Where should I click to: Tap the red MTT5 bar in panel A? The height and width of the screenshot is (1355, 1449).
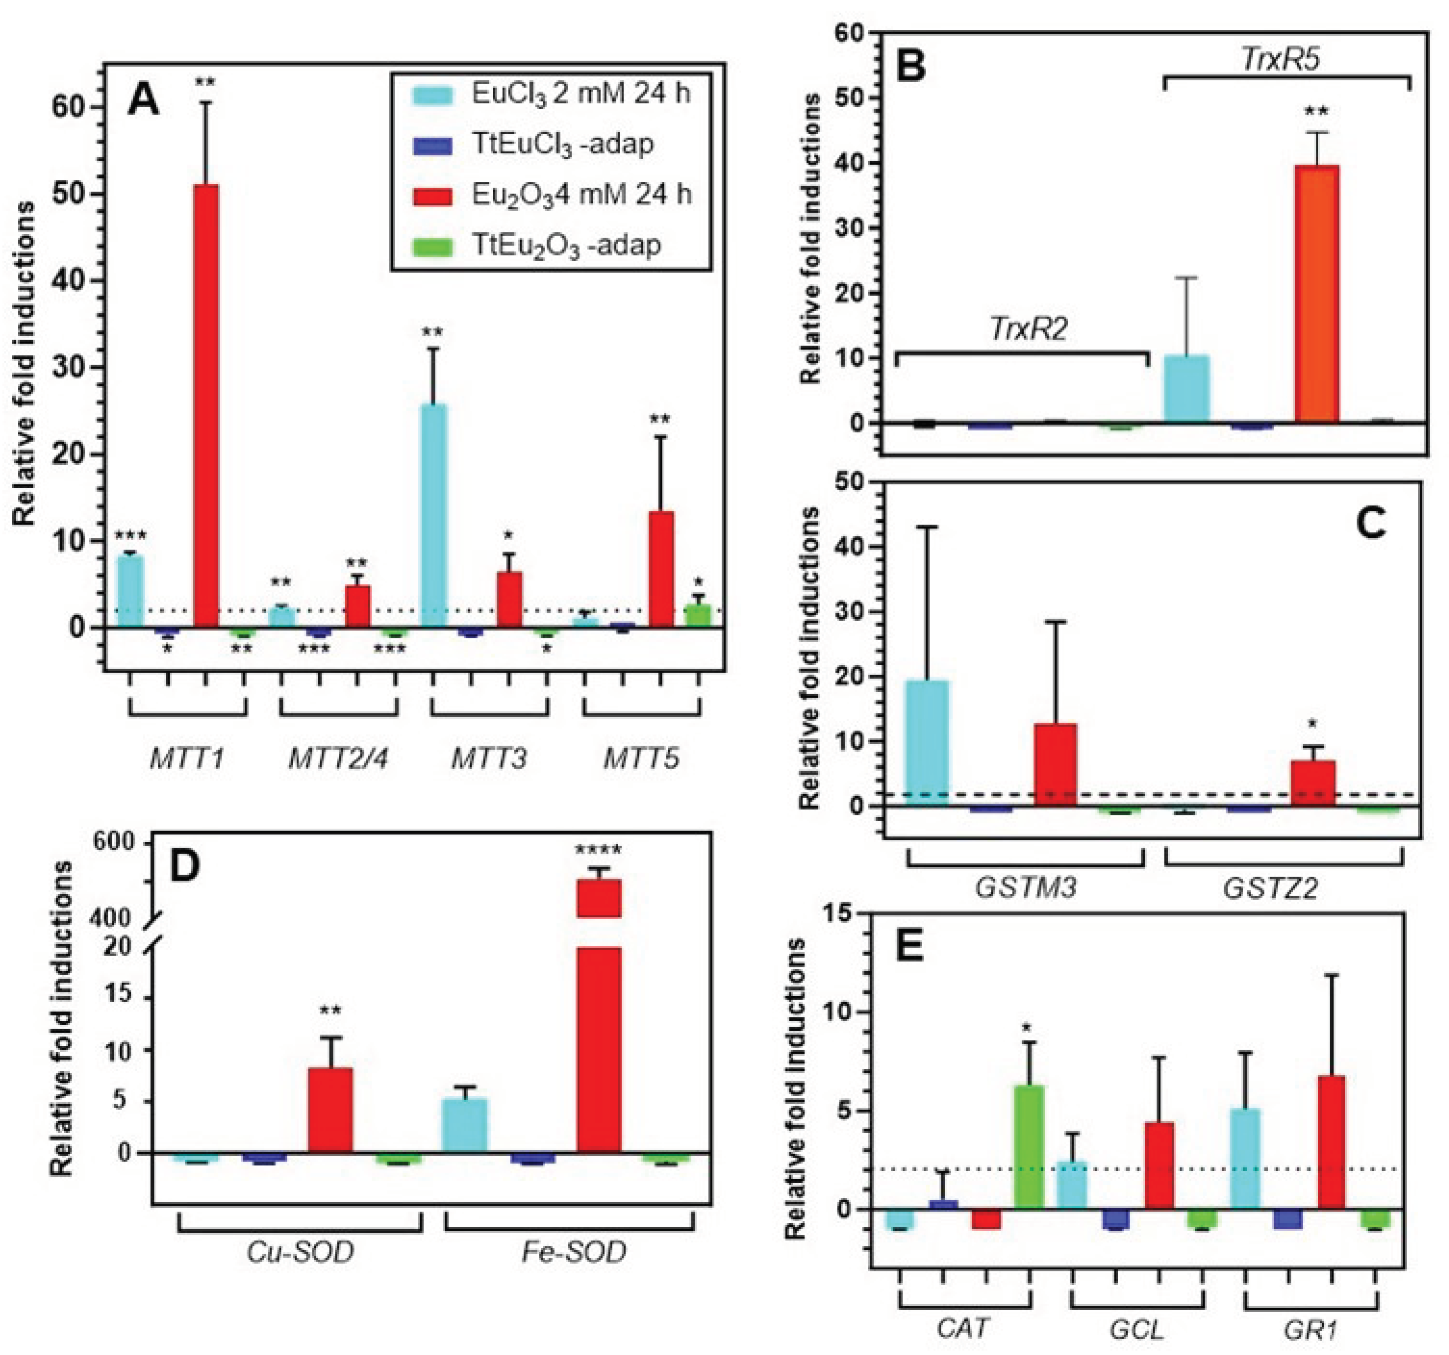click(x=661, y=569)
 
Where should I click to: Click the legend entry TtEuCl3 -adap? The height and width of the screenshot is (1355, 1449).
click(x=562, y=144)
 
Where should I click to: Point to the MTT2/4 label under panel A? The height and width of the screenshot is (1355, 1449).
click(x=338, y=759)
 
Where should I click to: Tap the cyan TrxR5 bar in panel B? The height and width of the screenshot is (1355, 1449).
click(x=1187, y=389)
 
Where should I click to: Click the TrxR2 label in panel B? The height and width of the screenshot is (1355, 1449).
click(x=1028, y=329)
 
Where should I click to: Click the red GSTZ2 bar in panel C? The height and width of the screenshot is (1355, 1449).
click(x=1312, y=783)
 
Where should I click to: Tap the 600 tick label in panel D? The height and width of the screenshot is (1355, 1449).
click(x=113, y=843)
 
